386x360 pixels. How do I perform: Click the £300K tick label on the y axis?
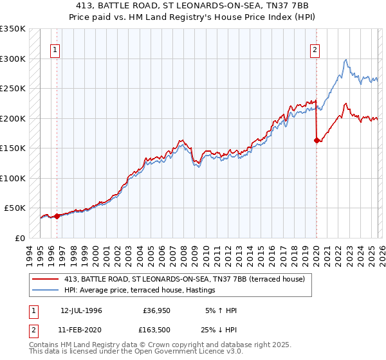click(13, 59)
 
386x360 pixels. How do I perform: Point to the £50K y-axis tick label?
click(15, 208)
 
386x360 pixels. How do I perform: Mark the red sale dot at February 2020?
click(317, 140)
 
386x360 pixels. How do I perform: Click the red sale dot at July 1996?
click(57, 216)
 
